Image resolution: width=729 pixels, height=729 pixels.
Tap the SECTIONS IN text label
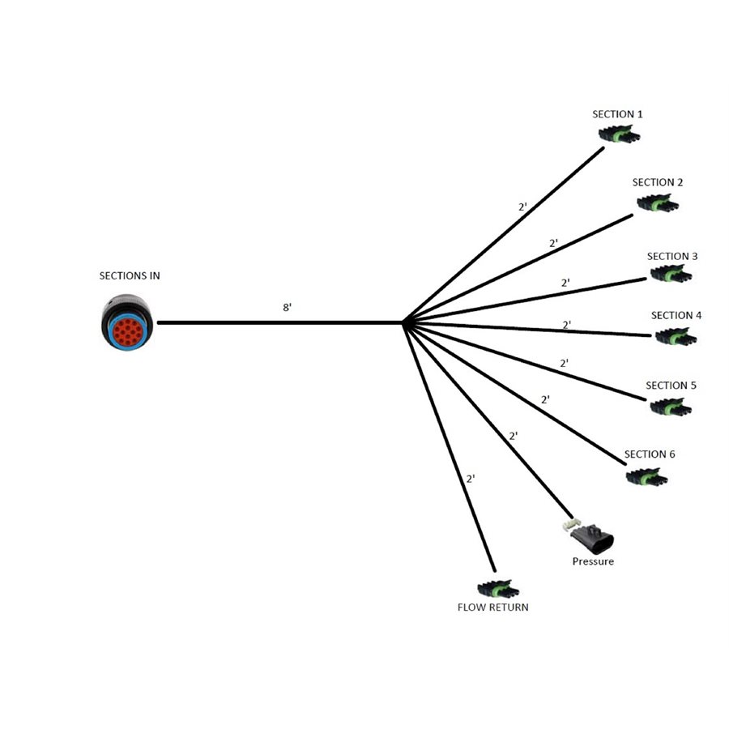[x=130, y=276]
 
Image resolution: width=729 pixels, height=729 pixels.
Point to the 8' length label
[x=286, y=308]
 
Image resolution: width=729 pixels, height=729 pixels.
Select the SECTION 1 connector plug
[x=618, y=134]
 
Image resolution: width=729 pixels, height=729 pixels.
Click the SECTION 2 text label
[x=658, y=183]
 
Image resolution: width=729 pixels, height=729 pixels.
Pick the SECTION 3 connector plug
[x=671, y=275]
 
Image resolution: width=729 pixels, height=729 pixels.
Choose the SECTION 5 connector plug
[x=671, y=407]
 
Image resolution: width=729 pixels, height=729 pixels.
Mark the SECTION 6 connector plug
[x=647, y=477]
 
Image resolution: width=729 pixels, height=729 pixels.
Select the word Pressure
[x=593, y=561]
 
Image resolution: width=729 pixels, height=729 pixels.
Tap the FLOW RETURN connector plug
[x=495, y=589]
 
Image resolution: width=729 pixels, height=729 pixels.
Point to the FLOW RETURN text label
[x=492, y=607]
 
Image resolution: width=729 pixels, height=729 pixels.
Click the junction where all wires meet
[x=403, y=322]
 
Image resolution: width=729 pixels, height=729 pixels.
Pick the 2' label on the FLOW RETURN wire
[x=471, y=479]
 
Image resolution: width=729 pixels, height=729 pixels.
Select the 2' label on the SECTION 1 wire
[x=523, y=207]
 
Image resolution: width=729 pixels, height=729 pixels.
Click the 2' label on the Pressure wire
[x=513, y=436]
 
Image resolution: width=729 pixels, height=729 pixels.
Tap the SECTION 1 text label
[x=617, y=114]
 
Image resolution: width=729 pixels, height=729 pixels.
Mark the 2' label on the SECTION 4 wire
[x=567, y=325]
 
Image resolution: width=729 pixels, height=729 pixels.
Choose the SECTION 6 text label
[x=650, y=454]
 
